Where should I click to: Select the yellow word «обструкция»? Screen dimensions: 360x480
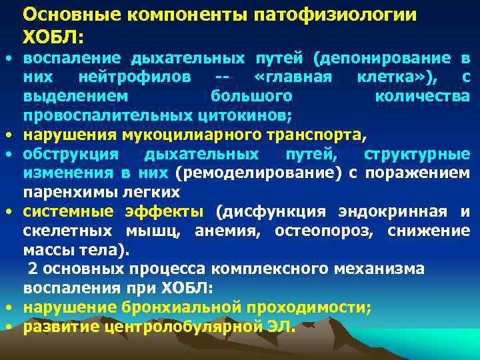[x=71, y=154]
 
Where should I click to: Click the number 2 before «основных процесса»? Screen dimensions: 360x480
[x=31, y=269]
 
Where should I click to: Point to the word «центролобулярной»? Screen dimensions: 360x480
[x=189, y=327]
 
